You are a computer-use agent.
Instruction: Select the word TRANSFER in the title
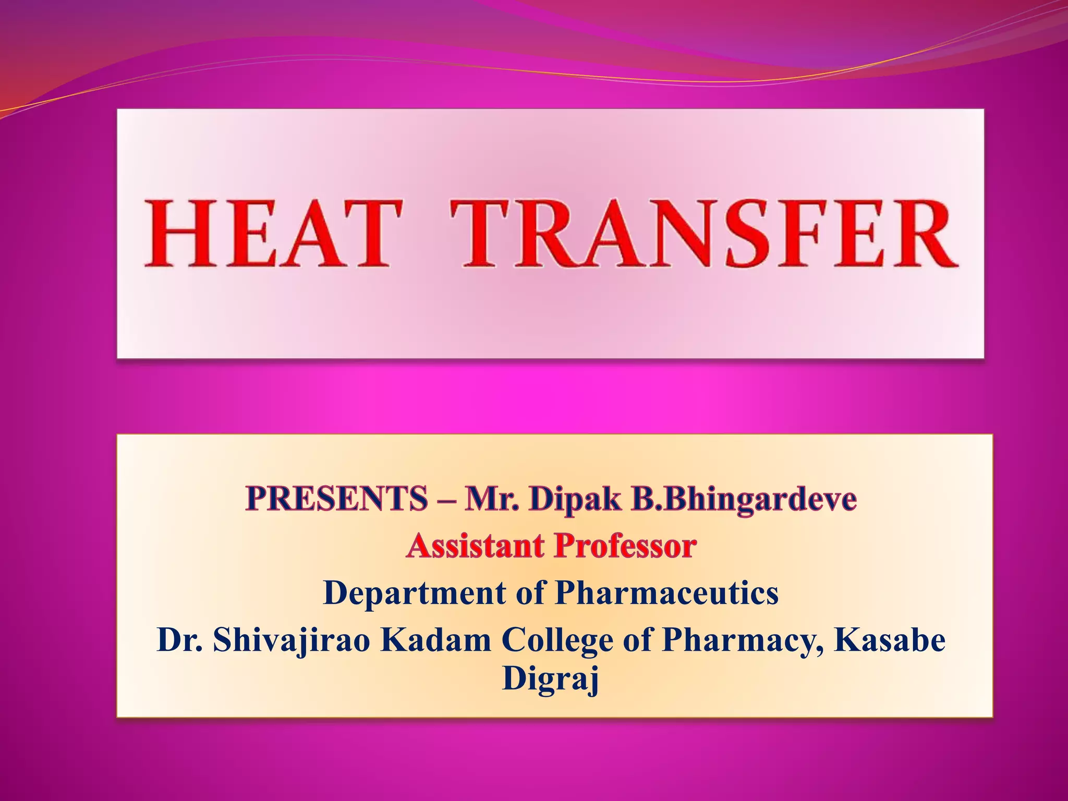pos(705,233)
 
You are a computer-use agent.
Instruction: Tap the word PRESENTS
pos(336,499)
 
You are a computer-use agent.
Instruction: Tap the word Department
pos(415,593)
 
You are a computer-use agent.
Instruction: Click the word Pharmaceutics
pos(666,593)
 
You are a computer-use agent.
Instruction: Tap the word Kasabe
pos(890,640)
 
